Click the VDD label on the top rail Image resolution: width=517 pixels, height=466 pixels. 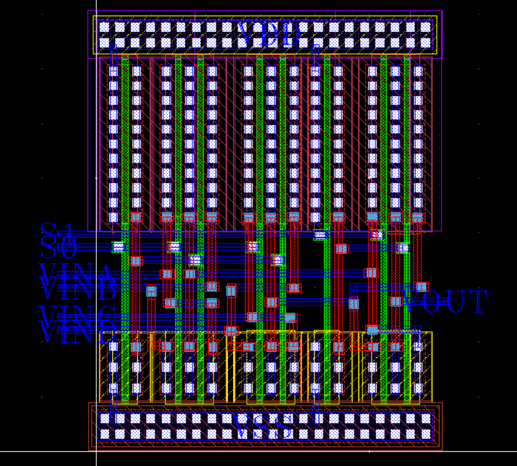point(272,34)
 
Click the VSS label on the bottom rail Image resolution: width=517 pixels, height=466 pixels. point(266,427)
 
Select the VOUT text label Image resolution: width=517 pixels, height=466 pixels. point(446,302)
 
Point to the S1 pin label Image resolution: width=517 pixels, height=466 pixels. point(57,232)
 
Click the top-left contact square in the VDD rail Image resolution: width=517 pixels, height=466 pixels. point(104,27)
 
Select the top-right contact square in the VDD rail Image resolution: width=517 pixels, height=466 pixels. point(426,27)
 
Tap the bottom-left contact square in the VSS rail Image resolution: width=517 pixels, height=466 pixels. point(104,434)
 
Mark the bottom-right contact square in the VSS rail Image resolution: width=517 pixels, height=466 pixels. point(426,434)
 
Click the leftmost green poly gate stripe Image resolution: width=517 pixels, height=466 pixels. point(125,186)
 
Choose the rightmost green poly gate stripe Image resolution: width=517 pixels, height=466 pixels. point(407,186)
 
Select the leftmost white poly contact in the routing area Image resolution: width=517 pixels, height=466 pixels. point(117,247)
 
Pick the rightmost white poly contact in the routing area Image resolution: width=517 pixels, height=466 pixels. point(403,248)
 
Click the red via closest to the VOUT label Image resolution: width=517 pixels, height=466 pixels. point(421,287)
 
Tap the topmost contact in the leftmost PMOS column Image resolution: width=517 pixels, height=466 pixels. point(113,71)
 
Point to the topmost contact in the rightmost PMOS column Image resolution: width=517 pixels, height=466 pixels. point(418,71)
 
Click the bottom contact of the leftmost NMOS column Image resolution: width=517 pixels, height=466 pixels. point(113,388)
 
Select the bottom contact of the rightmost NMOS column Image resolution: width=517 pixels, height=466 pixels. point(418,388)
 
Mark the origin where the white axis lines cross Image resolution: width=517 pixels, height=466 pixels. point(96,450)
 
